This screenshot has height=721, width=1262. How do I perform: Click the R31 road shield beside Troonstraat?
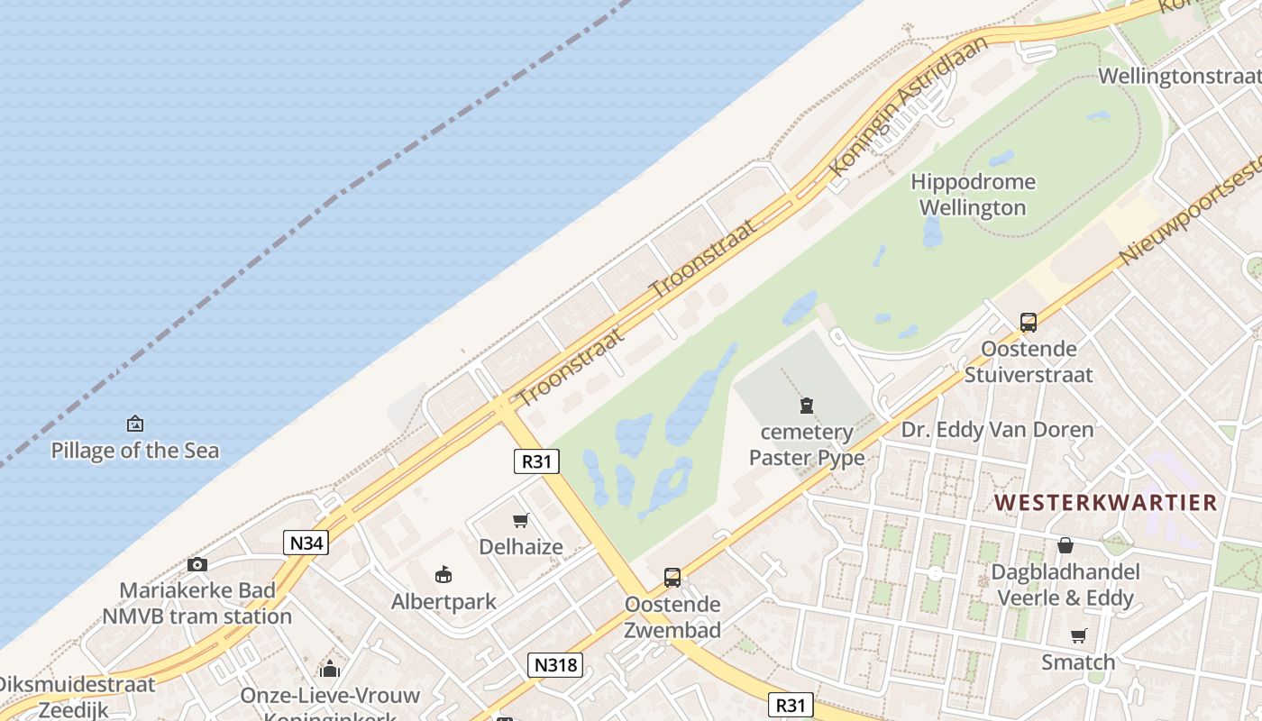tap(536, 461)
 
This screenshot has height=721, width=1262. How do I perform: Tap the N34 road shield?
tap(306, 543)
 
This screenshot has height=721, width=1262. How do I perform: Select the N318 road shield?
tap(555, 665)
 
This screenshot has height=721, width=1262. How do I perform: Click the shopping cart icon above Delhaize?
tap(520, 520)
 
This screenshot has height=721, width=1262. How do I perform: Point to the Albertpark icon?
tap(443, 574)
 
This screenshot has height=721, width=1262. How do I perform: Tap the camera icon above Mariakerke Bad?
tap(197, 565)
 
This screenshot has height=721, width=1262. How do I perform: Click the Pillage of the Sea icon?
tap(135, 423)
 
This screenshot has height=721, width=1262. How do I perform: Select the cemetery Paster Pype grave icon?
tap(807, 406)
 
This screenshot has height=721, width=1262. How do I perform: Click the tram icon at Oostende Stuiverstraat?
tap(1028, 322)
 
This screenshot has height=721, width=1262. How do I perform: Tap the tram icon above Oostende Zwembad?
tap(672, 577)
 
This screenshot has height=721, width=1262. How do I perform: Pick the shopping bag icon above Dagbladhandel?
tap(1065, 545)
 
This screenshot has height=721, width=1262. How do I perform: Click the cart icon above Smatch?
tap(1078, 635)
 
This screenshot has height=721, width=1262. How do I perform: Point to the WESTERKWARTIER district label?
tap(1105, 502)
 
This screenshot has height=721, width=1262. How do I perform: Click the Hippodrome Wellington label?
tap(973, 195)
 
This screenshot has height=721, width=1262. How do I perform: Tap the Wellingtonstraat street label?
tap(1179, 76)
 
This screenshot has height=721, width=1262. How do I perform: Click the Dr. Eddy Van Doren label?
tap(997, 429)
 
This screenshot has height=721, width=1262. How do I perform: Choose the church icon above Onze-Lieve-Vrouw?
tap(330, 669)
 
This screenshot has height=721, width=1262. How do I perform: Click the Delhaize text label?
tap(521, 547)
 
